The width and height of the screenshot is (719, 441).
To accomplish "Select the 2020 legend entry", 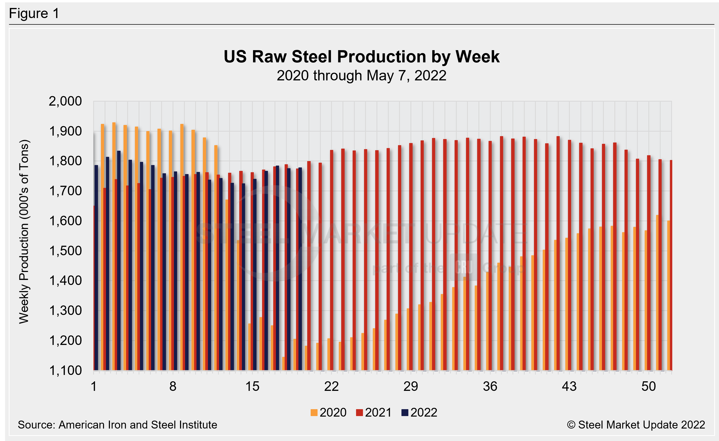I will click(x=329, y=412).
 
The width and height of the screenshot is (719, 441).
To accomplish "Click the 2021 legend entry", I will click(x=374, y=412).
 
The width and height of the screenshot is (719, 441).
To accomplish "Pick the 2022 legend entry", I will click(x=419, y=412).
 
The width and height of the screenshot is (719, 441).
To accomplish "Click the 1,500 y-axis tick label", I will click(x=65, y=251).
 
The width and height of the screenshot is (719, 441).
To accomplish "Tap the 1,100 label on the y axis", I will click(x=65, y=370).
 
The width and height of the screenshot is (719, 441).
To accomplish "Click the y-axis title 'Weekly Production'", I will click(x=24, y=232).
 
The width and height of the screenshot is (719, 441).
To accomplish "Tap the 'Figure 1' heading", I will click(x=34, y=14).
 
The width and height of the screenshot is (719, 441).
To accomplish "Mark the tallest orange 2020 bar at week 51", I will click(x=657, y=292).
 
